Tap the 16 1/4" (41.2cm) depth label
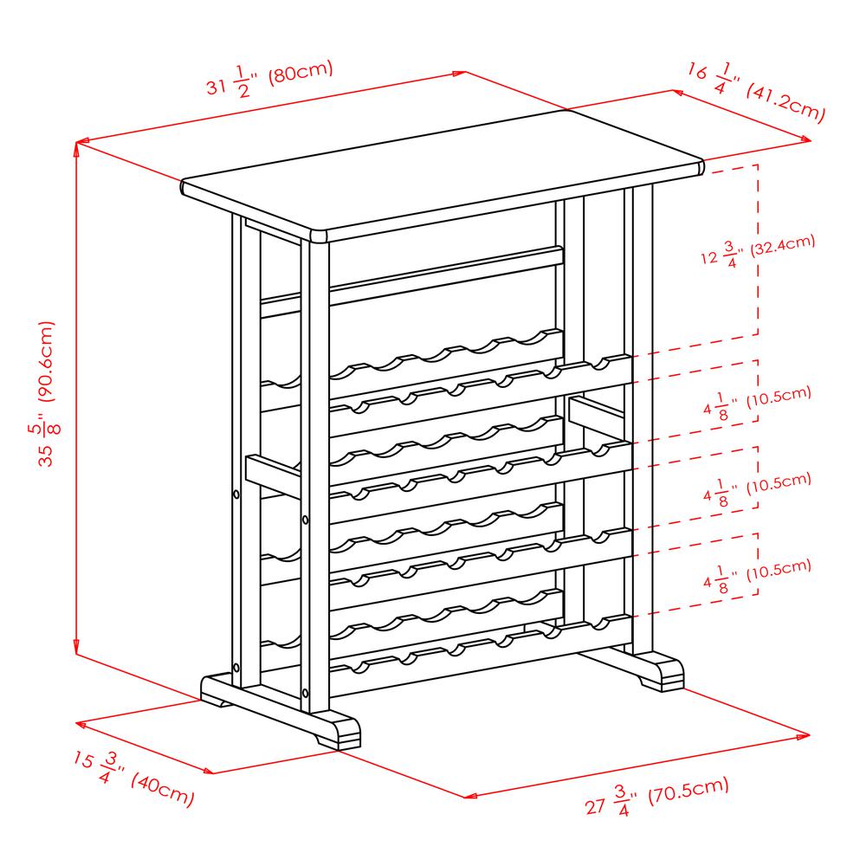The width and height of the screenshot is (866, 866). pos(756,93)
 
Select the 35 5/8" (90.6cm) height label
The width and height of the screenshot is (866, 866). pos(47,394)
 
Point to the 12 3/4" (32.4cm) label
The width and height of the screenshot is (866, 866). pos(758,251)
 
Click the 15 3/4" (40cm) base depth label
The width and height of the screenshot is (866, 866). pos(133,779)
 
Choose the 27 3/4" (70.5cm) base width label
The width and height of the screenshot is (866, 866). pos(656,796)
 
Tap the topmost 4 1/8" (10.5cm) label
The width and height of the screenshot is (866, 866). pos(757,403)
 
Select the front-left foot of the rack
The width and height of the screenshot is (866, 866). pos(280,710)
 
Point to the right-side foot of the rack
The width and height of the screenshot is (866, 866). pos(635,670)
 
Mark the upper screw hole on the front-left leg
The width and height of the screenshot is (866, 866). pos(306,520)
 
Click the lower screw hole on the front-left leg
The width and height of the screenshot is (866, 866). pos(306,692)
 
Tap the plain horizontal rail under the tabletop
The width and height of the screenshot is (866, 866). pos(411,281)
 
